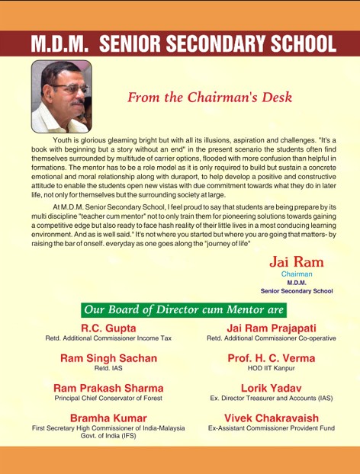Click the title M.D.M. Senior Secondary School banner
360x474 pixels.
[181, 43]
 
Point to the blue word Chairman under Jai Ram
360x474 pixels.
[297, 273]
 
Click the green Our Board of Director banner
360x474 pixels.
[184, 309]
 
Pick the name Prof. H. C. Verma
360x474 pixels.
[271, 357]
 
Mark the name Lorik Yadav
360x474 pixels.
[271, 388]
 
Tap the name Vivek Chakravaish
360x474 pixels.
[271, 418]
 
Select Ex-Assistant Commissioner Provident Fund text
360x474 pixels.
[271, 428]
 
